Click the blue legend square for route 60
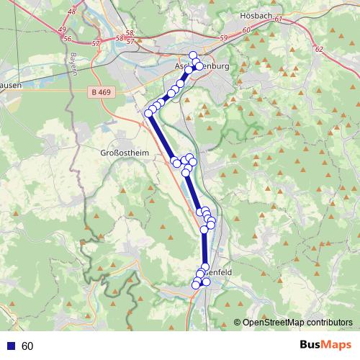click(x=9, y=346)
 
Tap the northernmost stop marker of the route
click(x=193, y=55)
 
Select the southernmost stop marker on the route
click(x=195, y=286)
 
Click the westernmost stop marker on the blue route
click(x=149, y=113)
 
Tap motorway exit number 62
click(x=319, y=50)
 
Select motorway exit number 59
click(x=223, y=37)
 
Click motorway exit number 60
click(x=246, y=30)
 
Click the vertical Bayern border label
click(x=73, y=64)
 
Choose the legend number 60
click(x=28, y=346)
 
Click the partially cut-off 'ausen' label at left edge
click(x=11, y=84)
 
